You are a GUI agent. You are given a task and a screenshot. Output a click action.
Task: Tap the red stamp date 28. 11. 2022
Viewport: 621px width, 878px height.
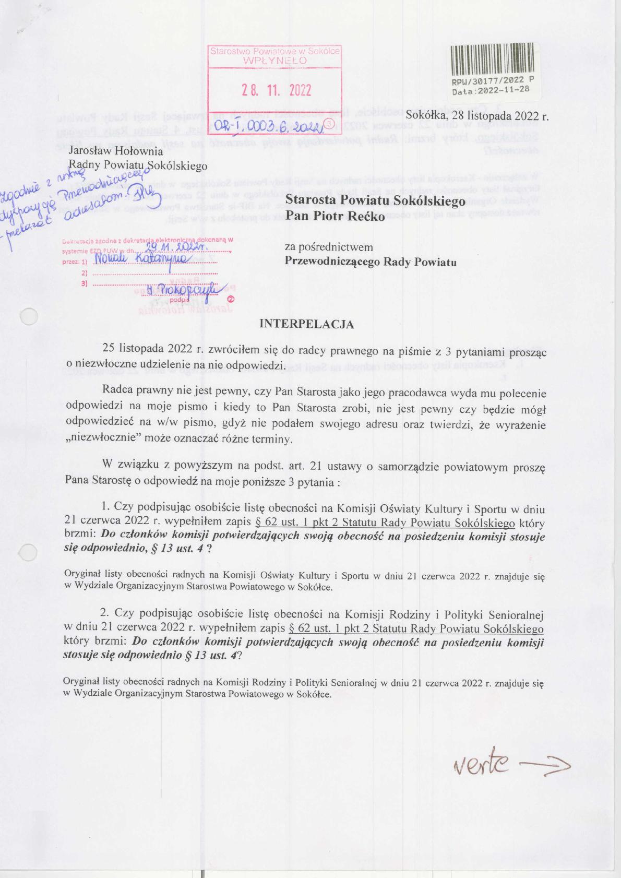[x=276, y=91]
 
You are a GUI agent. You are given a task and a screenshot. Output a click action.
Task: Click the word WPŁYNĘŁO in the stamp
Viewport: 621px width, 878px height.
[x=275, y=60]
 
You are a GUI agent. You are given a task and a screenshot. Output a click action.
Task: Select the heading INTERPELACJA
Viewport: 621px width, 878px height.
[x=307, y=324]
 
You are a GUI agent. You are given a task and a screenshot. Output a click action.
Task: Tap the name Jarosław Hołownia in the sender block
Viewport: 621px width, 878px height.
[x=116, y=151]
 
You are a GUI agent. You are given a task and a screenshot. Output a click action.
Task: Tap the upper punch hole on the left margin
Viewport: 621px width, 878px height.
[x=28, y=316]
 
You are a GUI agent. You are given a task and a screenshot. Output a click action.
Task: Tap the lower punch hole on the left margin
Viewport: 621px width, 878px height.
[x=28, y=553]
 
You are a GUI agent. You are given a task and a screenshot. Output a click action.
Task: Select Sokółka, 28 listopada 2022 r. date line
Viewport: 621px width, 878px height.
[x=477, y=116]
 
